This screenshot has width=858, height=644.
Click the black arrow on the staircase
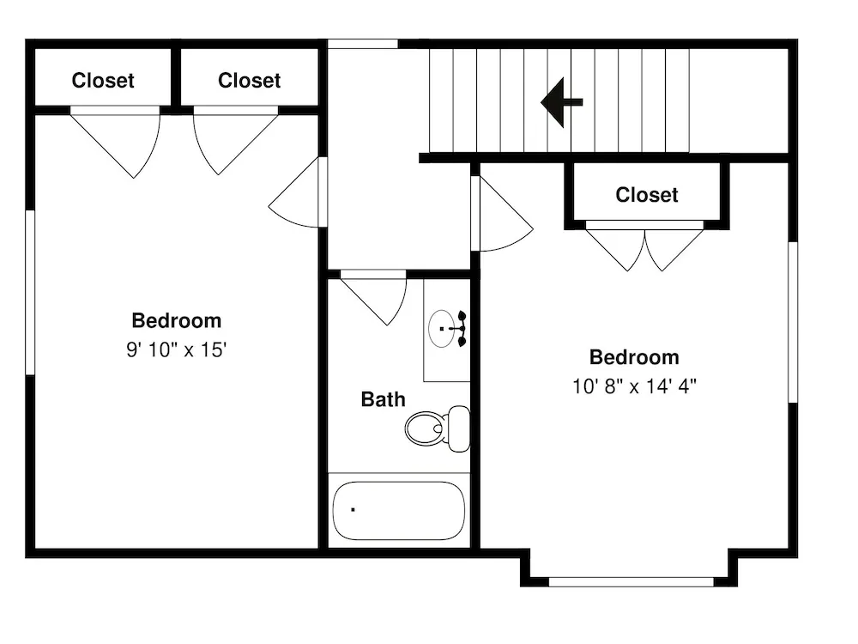pos(561,102)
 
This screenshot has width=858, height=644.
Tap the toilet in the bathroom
pos(438,428)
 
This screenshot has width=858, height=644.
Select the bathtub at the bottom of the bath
pos(398,510)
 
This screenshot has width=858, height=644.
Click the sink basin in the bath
pos(441,329)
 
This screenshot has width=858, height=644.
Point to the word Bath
pos(383,399)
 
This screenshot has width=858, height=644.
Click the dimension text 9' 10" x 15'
pos(176,349)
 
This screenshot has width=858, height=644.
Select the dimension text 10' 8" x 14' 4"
pos(634,386)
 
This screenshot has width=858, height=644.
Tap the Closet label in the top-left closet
pos(103,81)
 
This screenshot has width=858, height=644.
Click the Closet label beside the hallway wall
pos(249,81)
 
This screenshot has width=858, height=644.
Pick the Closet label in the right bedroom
pos(647,194)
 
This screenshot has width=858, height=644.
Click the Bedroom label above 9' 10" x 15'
pos(176,320)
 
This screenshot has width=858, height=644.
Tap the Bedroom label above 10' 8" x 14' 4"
pos(634,357)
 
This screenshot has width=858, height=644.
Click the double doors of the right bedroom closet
pos(644,246)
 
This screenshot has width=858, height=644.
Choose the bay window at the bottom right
pos(631,582)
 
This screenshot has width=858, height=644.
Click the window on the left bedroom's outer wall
pos(30,293)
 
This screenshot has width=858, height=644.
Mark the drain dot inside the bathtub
pos(353,510)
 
